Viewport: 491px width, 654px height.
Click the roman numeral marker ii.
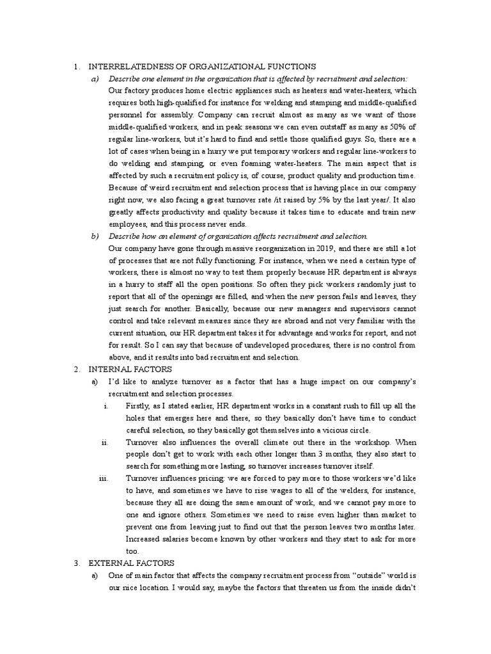[x=107, y=441]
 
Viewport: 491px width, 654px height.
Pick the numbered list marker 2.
[x=76, y=369]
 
